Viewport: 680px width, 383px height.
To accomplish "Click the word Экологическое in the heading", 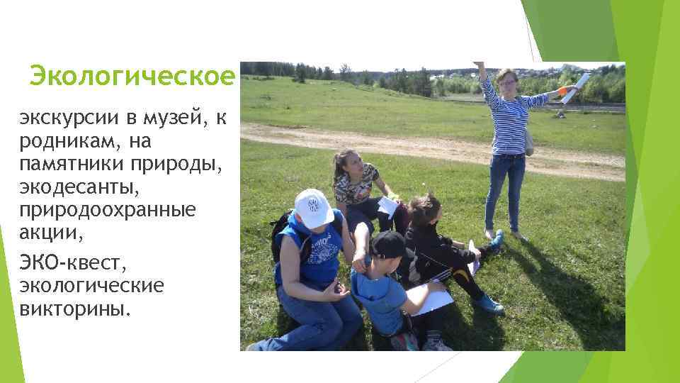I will click(x=132, y=75).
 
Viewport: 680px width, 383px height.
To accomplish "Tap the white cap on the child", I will click(x=313, y=208).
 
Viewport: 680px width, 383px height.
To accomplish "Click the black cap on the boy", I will click(x=387, y=245).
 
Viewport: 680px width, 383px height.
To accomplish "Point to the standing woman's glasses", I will click(x=507, y=82).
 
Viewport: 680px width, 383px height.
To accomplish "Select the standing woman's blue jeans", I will click(x=505, y=187).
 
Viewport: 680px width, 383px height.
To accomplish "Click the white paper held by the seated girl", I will click(x=387, y=206).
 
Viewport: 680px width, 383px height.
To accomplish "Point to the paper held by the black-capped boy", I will click(x=429, y=296).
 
